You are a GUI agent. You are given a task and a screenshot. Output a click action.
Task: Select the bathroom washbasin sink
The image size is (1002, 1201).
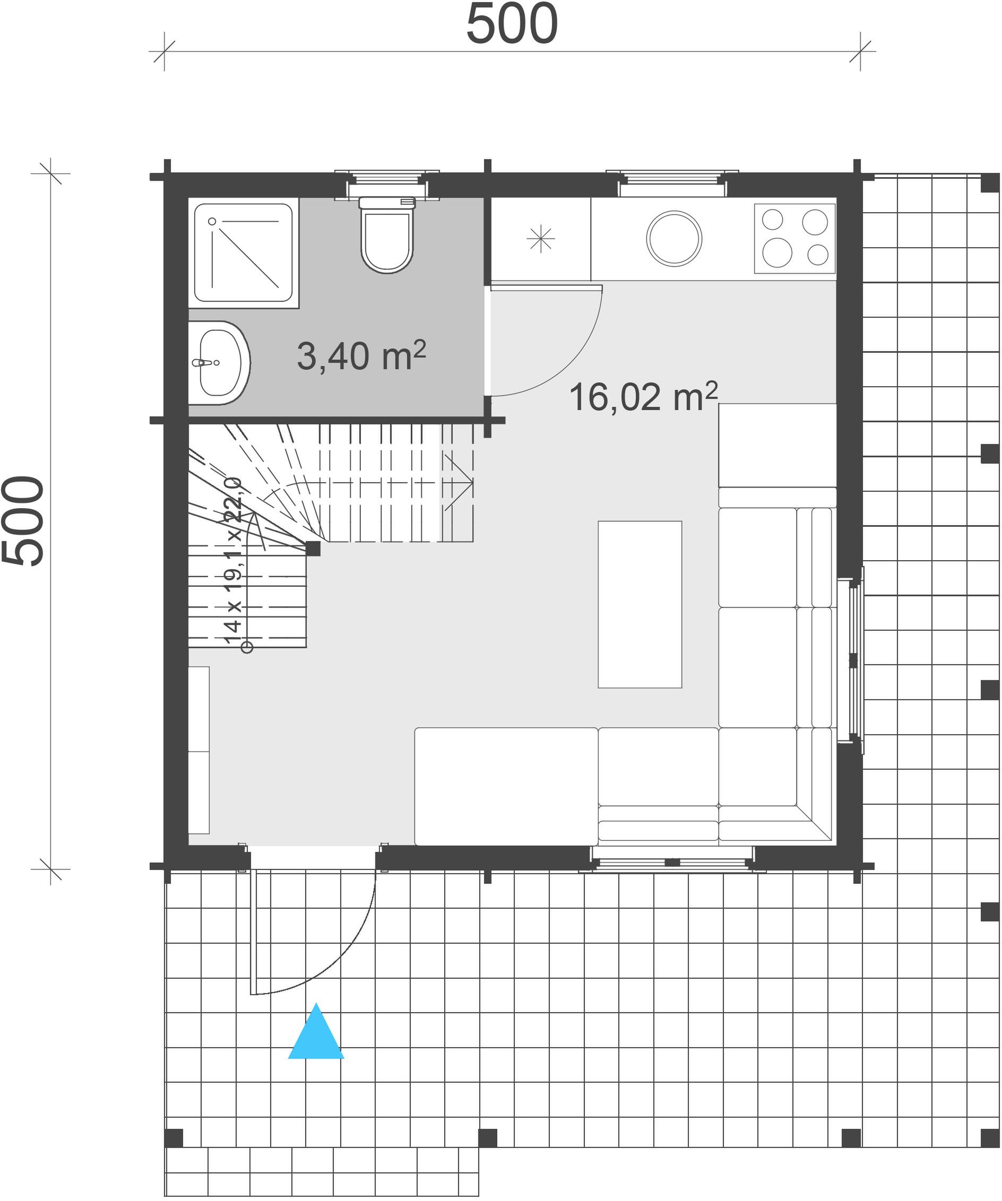pyautogui.click(x=219, y=363)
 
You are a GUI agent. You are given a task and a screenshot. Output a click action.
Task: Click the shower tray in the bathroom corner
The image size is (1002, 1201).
pyautogui.click(x=244, y=253)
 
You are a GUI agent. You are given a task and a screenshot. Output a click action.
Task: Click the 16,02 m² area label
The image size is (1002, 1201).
pyautogui.click(x=643, y=396)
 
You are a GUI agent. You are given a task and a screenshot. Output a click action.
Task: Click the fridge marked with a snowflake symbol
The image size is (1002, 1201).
pyautogui.click(x=541, y=239)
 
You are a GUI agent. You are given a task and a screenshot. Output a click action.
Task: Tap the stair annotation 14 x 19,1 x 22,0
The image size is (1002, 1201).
pyautogui.click(x=233, y=561)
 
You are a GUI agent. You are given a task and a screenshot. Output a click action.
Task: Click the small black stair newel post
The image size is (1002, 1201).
pyautogui.click(x=313, y=549)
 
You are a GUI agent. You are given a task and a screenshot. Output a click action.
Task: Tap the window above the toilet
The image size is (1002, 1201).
pyautogui.click(x=387, y=183)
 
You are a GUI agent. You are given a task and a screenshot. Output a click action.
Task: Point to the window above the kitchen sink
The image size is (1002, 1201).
pyautogui.click(x=672, y=182)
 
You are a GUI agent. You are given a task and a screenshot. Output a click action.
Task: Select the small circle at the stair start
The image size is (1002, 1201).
pyautogui.click(x=247, y=647)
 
